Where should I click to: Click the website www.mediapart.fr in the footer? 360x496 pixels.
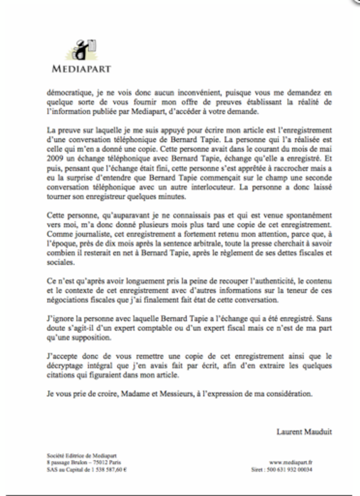pos(292,462)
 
